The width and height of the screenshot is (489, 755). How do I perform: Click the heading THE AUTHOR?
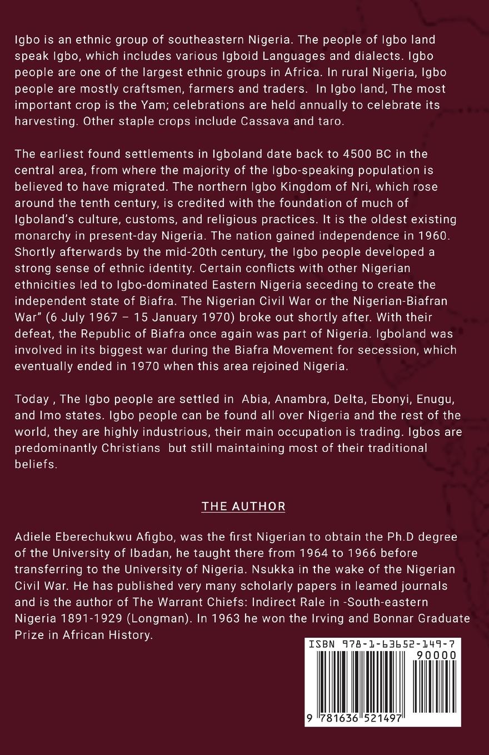click(x=243, y=506)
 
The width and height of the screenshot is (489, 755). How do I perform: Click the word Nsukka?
click(x=273, y=571)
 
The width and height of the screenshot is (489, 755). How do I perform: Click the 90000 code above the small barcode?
click(x=436, y=655)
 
